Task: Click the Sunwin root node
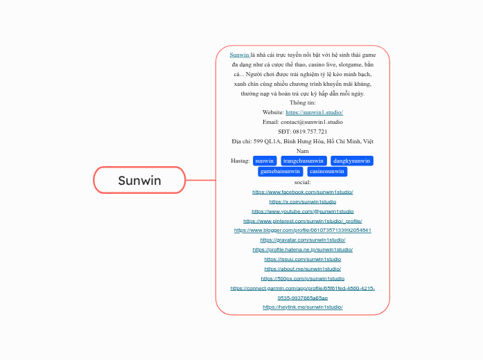coord(139,181)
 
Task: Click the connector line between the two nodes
coord(200,181)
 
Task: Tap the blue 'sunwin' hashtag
coord(265,161)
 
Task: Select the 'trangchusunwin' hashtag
coord(304,161)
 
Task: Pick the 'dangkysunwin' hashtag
coord(352,161)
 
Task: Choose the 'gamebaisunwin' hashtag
coord(280,171)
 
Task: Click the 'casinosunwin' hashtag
coord(327,171)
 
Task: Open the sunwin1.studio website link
coord(314,112)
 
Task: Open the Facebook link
coord(303,192)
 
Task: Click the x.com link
coord(303,201)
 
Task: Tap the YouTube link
coord(303,211)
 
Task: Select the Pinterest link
coord(303,221)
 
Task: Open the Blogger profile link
coord(303,231)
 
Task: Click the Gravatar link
coord(303,240)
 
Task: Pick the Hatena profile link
coord(303,249)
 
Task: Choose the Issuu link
coord(303,259)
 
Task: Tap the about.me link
coord(303,269)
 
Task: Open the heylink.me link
coord(303,307)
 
